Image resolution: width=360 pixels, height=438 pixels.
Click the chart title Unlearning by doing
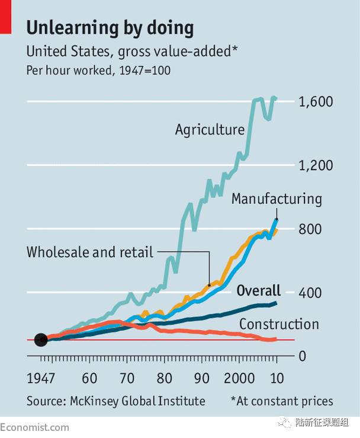110,27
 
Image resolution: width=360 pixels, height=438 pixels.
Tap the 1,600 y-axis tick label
316,102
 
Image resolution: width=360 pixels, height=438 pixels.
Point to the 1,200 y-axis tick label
316,165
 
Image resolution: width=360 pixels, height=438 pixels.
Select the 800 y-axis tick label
308,229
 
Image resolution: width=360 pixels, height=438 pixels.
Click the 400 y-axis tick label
308,293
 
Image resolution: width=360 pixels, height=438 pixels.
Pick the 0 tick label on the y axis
301,357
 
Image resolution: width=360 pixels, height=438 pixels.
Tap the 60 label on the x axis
89,379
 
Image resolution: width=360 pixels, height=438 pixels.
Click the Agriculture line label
210,130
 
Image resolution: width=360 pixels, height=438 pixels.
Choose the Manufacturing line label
277,199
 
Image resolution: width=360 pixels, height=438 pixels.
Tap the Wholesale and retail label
90,252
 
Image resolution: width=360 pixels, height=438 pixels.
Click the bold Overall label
258,290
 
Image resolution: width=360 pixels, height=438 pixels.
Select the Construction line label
279,324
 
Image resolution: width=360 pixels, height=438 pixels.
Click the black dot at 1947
41,340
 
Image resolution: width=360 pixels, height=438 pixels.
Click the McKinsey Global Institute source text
115,401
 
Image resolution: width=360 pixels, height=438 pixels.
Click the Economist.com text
34,427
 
